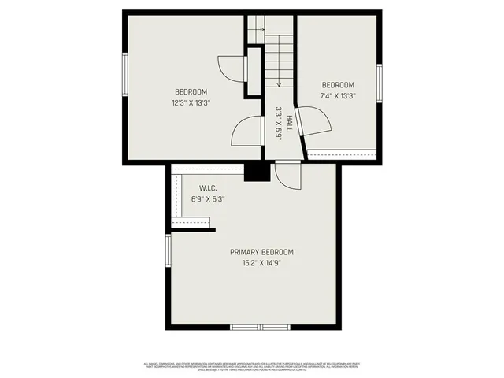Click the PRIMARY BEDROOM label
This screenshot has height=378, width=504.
261,252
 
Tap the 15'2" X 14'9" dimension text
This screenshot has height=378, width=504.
261,263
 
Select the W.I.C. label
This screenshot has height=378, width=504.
208,188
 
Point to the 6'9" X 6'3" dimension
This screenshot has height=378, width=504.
208,199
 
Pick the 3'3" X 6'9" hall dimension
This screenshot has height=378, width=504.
278,123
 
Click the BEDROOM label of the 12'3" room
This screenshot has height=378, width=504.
191,91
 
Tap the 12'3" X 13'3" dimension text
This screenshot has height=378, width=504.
191,102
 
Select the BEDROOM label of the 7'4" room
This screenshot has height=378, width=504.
338,85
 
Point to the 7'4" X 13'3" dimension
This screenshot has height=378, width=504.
338,96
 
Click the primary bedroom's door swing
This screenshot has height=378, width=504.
287,176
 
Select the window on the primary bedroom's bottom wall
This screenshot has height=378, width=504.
260,326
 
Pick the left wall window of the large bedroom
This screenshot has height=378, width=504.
124,75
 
